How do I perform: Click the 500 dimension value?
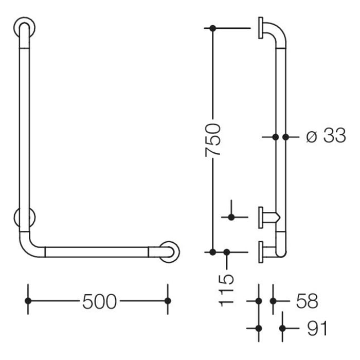(99, 302)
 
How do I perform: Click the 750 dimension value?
(213, 140)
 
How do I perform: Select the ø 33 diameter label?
(326, 137)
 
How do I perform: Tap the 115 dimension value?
(227, 290)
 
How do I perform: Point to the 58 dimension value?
(308, 301)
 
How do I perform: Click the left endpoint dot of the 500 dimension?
(29, 301)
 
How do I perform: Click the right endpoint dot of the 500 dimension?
(167, 301)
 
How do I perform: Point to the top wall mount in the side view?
(261, 28)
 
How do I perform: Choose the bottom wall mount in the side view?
(262, 251)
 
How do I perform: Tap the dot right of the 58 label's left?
(273, 301)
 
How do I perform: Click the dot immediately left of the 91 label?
(282, 328)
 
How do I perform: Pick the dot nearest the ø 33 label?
(286, 137)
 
